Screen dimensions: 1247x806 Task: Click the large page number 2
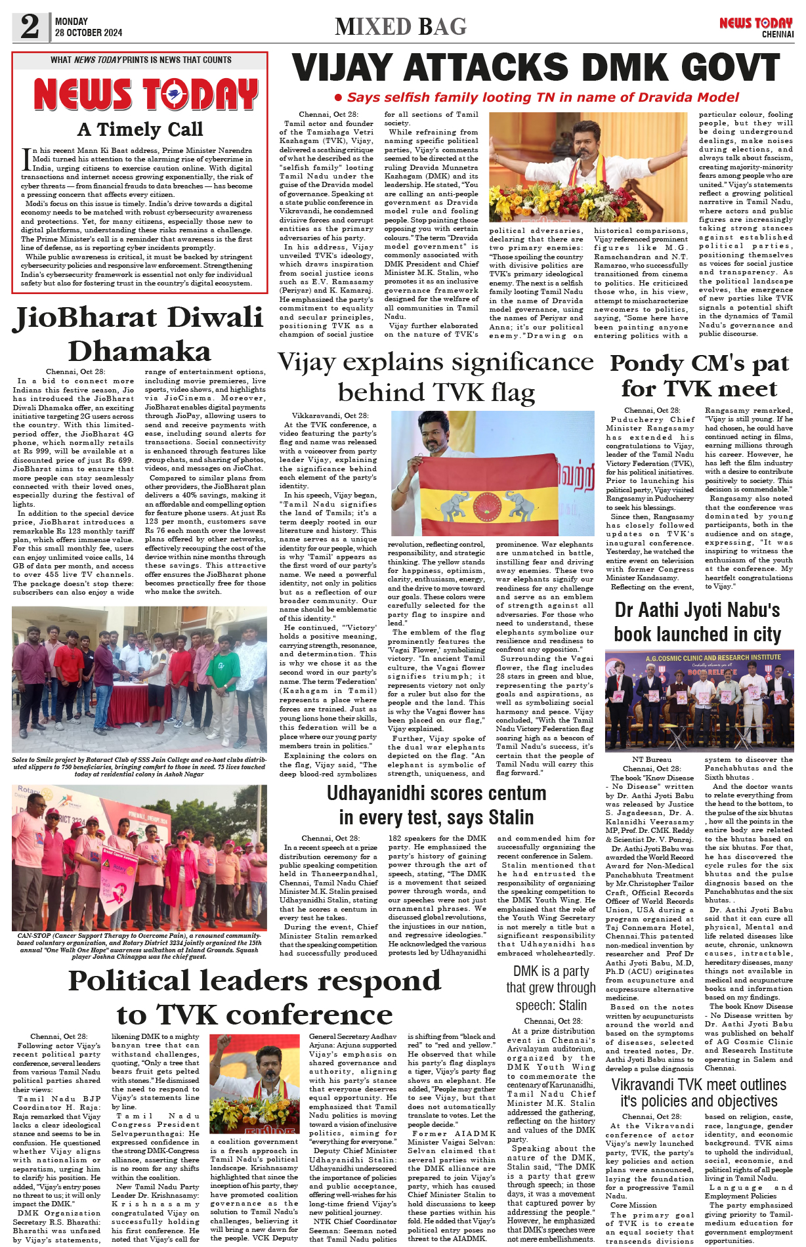(x=30, y=26)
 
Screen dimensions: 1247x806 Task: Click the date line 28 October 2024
(x=89, y=33)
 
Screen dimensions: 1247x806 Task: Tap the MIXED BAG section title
(x=400, y=27)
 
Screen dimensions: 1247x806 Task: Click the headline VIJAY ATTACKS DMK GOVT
(x=536, y=68)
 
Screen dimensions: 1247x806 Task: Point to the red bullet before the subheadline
(x=338, y=98)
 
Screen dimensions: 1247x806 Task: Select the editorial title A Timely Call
(x=140, y=129)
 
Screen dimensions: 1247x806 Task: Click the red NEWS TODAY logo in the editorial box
(x=146, y=95)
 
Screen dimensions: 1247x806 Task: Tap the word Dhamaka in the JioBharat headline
(x=140, y=351)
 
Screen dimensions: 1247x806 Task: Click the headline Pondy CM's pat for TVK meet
(x=699, y=375)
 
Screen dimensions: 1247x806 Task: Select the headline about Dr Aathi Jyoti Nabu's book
(x=697, y=622)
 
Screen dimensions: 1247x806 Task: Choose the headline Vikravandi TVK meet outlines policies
(x=698, y=1093)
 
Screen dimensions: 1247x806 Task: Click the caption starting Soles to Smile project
(x=139, y=767)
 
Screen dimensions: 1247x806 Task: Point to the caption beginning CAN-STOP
(x=139, y=945)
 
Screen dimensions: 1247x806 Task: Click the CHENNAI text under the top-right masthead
(x=777, y=34)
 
